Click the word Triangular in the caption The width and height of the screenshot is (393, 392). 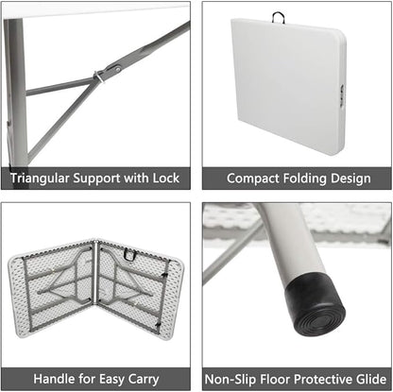pyautogui.click(x=40, y=179)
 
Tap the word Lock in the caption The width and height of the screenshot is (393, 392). pyautogui.click(x=166, y=178)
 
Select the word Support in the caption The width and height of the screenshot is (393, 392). pyautogui.click(x=97, y=179)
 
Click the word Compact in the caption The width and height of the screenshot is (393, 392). pyautogui.click(x=253, y=179)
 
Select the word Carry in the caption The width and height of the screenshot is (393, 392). pyautogui.click(x=144, y=380)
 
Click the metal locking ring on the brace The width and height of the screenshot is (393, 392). pyautogui.click(x=99, y=77)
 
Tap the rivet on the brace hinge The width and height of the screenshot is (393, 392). pyautogui.click(x=117, y=69)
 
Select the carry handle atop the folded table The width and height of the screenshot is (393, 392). pyautogui.click(x=279, y=17)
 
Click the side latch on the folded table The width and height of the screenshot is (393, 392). pyautogui.click(x=342, y=96)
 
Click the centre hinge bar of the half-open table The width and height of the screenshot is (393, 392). pyautogui.click(x=95, y=272)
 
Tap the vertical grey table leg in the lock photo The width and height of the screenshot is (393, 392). pyautogui.click(x=16, y=92)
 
